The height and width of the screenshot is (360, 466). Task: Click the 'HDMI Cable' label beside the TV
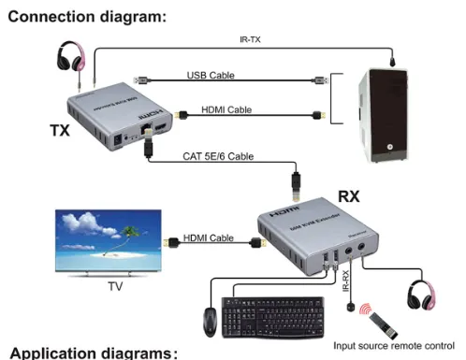coord(209,238)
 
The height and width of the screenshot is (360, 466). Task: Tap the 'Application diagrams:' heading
coord(94,353)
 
